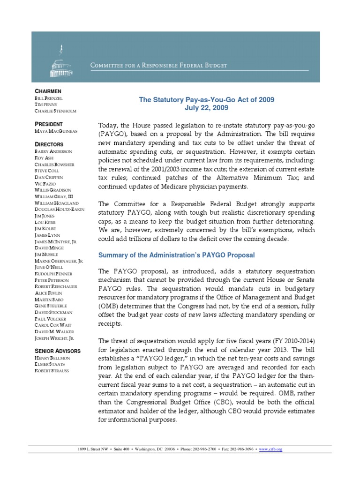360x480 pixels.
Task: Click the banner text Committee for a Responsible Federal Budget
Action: click(158, 66)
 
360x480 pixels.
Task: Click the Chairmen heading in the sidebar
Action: click(48, 90)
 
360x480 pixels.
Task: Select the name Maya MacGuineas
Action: click(57, 131)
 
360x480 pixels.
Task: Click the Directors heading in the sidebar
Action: click(49, 145)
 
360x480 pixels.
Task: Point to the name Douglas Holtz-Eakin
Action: click(60, 209)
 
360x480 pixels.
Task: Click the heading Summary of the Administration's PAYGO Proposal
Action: click(176, 255)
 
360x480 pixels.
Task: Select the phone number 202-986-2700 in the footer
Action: click(205, 449)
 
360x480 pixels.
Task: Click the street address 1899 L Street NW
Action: click(94, 449)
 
